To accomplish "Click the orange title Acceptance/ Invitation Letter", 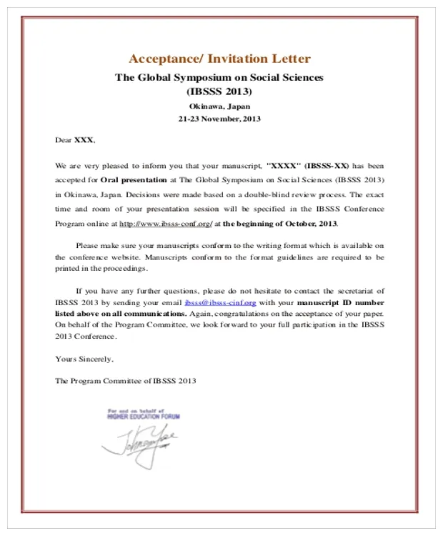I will point(219,59).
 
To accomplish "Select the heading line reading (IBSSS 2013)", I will point(219,91).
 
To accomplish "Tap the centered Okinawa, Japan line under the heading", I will point(219,106).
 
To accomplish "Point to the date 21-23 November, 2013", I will point(219,119).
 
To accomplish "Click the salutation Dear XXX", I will point(74,140).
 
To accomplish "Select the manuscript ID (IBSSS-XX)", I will point(327,164).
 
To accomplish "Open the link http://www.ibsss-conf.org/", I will point(165,224).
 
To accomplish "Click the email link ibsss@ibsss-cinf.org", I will point(219,302).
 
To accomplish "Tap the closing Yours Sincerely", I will point(84,358).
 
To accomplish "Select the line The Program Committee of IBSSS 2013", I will point(125,381).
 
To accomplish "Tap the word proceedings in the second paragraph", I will point(123,269).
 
